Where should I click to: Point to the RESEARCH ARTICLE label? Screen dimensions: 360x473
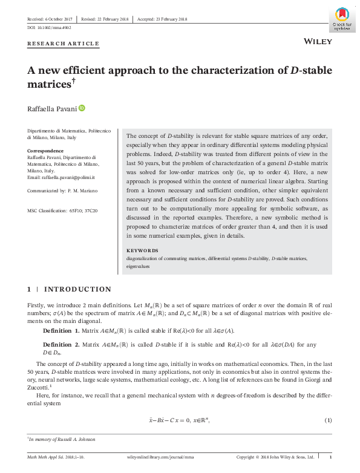[63, 44]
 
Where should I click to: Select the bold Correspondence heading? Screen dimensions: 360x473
[46, 151]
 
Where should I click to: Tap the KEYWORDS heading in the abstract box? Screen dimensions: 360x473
[142, 250]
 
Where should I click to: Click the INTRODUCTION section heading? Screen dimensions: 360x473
[78, 290]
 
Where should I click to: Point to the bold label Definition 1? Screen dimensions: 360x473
[61, 331]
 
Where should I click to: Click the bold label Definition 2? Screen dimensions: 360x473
[61, 344]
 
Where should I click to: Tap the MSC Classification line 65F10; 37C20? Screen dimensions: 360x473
[62, 210]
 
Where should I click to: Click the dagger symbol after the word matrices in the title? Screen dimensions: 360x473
[75, 80]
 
